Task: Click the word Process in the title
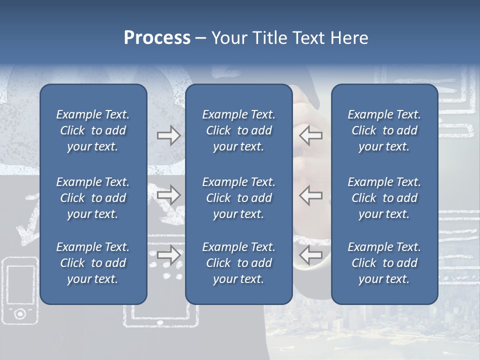pos(157,38)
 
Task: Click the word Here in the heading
pos(349,38)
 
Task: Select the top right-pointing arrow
pos(168,135)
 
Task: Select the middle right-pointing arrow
pos(168,195)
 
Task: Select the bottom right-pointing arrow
pos(168,255)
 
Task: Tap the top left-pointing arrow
pos(310,135)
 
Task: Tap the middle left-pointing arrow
pos(310,195)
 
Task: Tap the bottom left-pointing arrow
pos(310,255)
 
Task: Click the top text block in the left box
pos(93,130)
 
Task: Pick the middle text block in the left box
pos(93,198)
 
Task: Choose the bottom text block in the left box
pos(93,263)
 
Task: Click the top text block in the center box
pos(239,130)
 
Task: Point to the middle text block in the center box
pos(239,198)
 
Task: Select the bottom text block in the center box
pos(239,263)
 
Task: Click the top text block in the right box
pos(384,130)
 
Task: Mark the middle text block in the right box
pos(384,198)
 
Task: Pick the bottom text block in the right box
pos(384,263)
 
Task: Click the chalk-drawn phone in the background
pos(20,287)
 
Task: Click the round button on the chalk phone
pos(20,313)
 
